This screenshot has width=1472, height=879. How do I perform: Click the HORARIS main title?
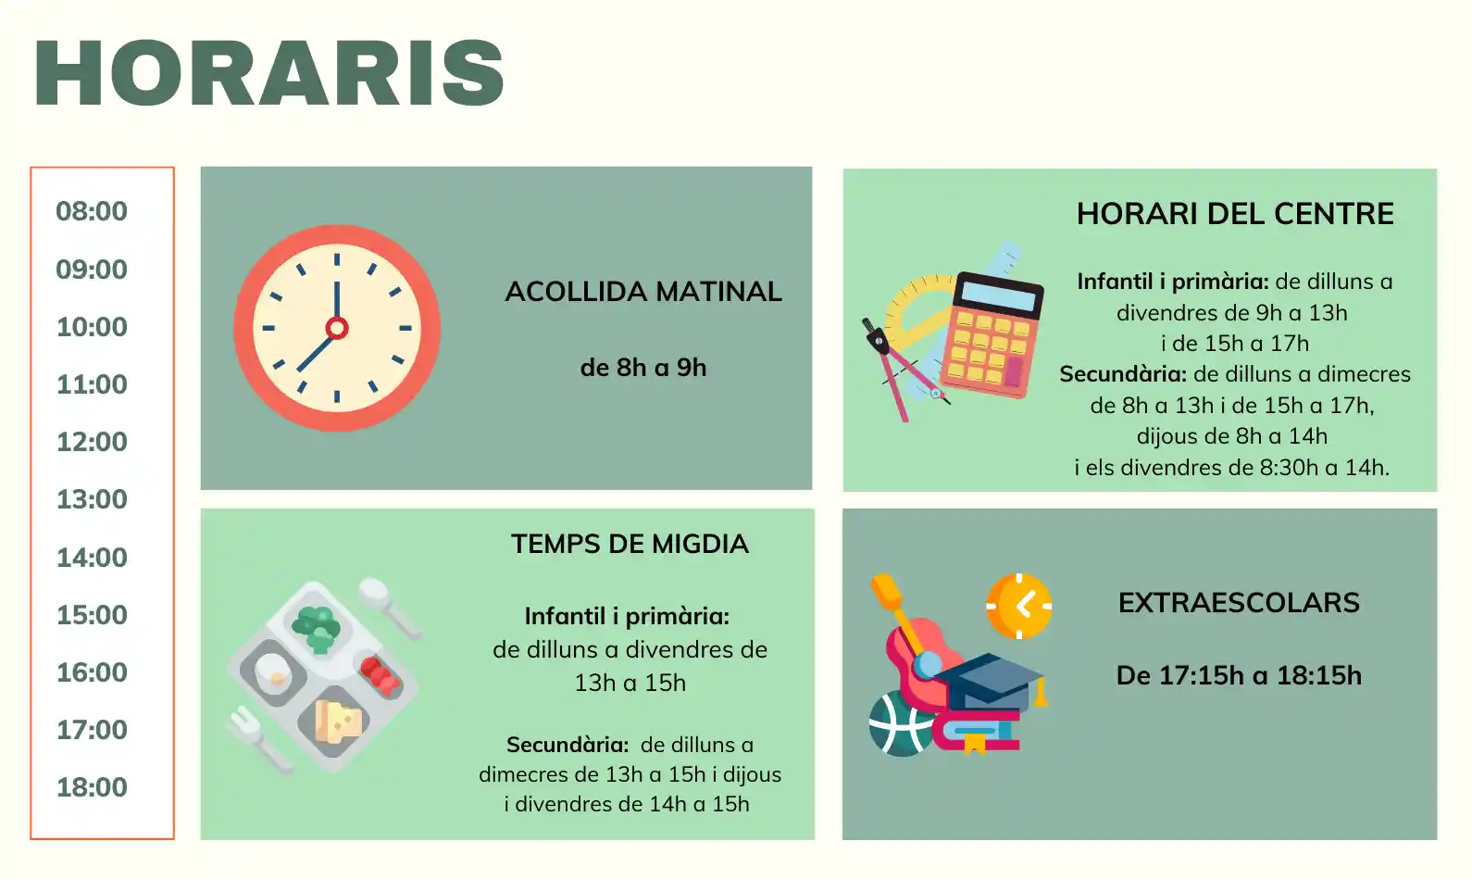click(x=269, y=72)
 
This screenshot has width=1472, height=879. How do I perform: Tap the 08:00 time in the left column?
click(x=92, y=212)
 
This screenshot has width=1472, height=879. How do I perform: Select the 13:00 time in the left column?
click(x=92, y=499)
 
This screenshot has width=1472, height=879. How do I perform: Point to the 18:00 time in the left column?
click(x=92, y=787)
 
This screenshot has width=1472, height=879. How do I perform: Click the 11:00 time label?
click(x=92, y=384)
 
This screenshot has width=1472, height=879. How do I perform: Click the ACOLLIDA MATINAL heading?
click(x=643, y=292)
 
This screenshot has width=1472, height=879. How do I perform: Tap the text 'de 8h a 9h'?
click(x=643, y=368)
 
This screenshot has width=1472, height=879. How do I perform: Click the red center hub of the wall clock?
click(x=337, y=328)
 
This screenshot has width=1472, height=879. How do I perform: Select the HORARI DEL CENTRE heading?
click(x=1235, y=214)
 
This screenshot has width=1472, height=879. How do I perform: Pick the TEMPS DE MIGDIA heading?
click(x=630, y=545)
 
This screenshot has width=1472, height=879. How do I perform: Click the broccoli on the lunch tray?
click(x=317, y=627)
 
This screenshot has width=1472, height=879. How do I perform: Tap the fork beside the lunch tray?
click(x=259, y=738)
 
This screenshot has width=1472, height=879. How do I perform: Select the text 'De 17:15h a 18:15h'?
click(x=1239, y=676)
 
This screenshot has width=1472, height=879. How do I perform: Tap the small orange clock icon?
click(x=1018, y=606)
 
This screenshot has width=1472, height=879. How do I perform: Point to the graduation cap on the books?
click(x=989, y=681)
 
